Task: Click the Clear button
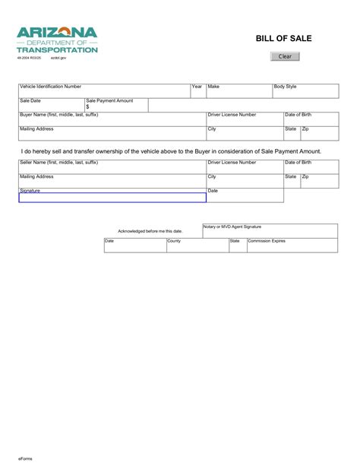[286, 57]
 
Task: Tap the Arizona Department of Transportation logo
[58, 39]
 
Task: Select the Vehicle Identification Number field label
[50, 87]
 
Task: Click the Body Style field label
[286, 87]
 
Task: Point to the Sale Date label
[30, 100]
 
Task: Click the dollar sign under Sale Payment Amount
[87, 107]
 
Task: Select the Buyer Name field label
[58, 115]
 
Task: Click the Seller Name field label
[58, 163]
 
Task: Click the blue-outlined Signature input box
[112, 198]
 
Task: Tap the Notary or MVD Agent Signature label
[232, 227]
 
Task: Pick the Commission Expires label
[267, 241]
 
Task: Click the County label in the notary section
[175, 241]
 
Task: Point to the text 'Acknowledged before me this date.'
[150, 231]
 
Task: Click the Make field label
[213, 87]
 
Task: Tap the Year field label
[197, 87]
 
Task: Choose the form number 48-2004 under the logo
[28, 58]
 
